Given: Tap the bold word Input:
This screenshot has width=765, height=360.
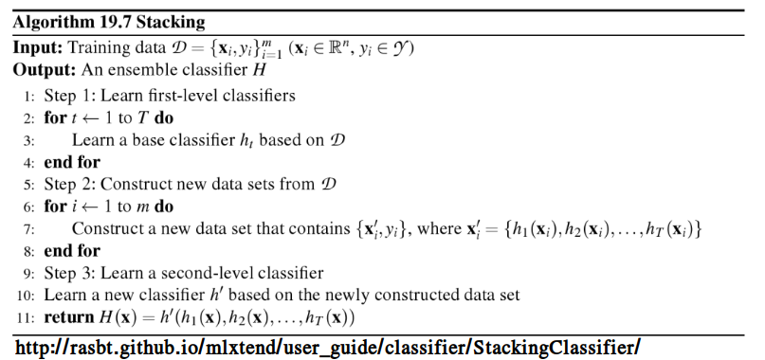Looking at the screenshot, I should (x=37, y=48).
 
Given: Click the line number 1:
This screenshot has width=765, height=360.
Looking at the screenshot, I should (x=28, y=96).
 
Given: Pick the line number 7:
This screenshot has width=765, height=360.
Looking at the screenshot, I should (x=28, y=229).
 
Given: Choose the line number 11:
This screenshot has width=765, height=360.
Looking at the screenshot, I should (x=26, y=318).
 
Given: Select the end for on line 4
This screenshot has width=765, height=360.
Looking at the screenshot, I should (x=71, y=162).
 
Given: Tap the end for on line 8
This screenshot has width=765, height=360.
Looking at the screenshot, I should (x=71, y=252).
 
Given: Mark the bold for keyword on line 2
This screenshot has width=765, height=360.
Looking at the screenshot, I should (x=54, y=118).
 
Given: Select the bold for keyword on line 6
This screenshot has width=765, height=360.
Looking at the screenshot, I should (x=54, y=207).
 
